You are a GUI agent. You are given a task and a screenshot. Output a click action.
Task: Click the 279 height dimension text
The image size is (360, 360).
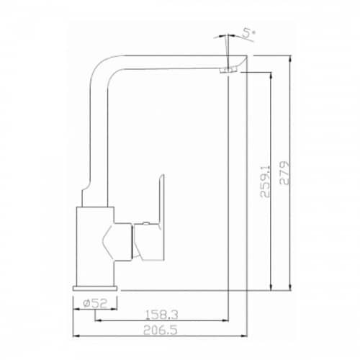285,173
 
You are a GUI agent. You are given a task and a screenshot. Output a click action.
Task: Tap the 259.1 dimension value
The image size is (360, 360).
265,182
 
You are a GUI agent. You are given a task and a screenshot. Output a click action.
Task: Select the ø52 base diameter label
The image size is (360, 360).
95,303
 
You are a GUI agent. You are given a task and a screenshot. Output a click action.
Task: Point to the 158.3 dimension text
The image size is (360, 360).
162,315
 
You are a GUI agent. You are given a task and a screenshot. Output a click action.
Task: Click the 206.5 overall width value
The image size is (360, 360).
161,330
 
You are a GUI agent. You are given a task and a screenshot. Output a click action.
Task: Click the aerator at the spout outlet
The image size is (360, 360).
228,71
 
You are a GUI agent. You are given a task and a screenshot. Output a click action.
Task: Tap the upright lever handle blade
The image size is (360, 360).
161,199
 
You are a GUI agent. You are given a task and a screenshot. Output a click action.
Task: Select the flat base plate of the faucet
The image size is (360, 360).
95,288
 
